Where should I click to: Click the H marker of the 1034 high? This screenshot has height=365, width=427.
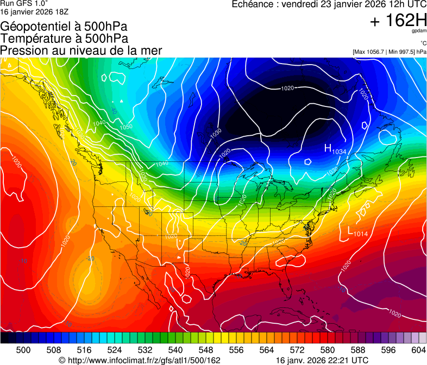click(x=328, y=148)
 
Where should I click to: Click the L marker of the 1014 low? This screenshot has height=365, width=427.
click(x=350, y=231)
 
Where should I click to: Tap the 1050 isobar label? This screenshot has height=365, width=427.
click(x=126, y=127)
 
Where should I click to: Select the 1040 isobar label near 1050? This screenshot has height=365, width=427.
click(x=99, y=123)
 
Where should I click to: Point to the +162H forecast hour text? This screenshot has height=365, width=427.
click(x=398, y=21)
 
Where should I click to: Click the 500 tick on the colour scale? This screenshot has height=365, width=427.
click(x=23, y=349)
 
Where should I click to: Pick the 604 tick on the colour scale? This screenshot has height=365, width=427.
click(x=418, y=349)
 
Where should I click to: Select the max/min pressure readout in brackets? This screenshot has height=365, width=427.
click(x=389, y=52)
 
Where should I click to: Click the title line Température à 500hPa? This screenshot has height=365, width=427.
click(x=64, y=39)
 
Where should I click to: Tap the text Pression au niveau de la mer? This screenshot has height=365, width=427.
click(x=81, y=51)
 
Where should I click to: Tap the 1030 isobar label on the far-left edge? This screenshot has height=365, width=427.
click(x=17, y=162)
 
